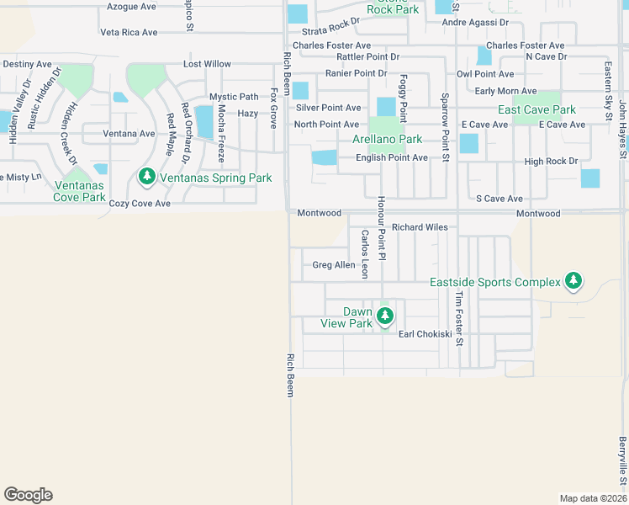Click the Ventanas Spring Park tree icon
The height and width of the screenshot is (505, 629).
(x=147, y=178)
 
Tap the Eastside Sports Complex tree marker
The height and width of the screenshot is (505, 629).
(x=573, y=281)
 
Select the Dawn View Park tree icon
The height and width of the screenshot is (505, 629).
(x=385, y=316)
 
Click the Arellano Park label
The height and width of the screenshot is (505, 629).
(x=387, y=139)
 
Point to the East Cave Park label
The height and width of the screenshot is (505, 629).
(x=536, y=110)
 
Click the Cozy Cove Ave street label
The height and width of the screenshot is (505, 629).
(x=140, y=204)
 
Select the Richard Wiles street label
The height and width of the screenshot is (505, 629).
(x=420, y=227)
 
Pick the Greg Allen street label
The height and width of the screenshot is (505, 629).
(x=334, y=265)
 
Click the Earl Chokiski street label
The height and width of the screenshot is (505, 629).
(x=425, y=334)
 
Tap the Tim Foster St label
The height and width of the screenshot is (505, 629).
(x=459, y=319)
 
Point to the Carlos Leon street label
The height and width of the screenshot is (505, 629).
(x=365, y=254)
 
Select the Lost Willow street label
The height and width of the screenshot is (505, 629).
(x=207, y=64)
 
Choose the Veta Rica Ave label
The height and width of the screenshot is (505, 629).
(x=129, y=33)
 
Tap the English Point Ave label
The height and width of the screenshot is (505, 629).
(x=392, y=157)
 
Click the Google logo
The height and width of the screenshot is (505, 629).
(x=28, y=495)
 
